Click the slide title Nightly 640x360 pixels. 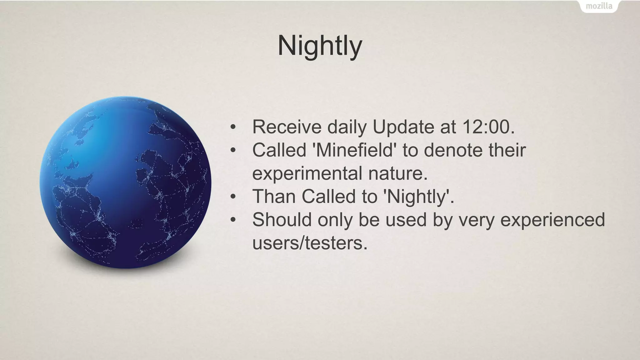(320, 46)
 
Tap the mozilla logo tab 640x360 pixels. (599, 6)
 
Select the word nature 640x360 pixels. (397, 174)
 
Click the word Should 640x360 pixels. (282, 219)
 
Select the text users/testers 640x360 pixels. (310, 243)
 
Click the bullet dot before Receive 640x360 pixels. (233, 127)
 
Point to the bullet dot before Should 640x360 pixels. (233, 220)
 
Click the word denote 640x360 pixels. (452, 150)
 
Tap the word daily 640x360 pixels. (347, 127)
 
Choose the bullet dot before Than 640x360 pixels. (233, 197)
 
